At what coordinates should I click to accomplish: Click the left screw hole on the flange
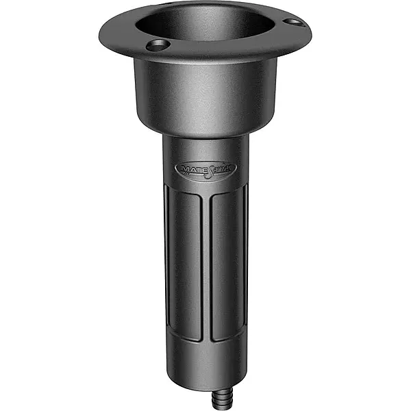point(158,46)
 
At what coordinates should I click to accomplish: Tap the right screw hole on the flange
point(292,23)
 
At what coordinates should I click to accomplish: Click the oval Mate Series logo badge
point(206,167)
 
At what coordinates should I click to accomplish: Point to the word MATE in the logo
point(190,167)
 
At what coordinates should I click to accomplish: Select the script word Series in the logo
point(218,167)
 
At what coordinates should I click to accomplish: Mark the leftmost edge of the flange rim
point(100,31)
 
